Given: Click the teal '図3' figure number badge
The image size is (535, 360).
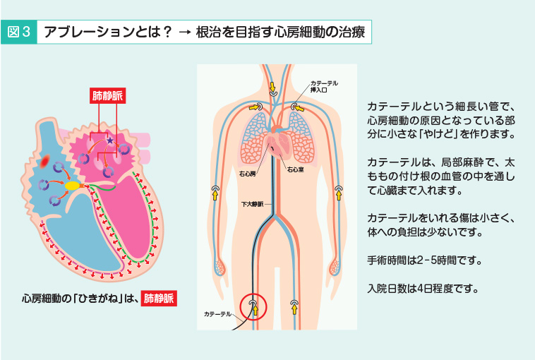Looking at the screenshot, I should pyautogui.click(x=20, y=32).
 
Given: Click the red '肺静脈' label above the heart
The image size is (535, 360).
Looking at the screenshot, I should pyautogui.click(x=107, y=97).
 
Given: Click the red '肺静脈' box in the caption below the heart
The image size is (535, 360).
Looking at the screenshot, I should pyautogui.click(x=158, y=298).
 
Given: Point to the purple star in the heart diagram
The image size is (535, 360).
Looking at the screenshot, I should pyautogui.click(x=109, y=143).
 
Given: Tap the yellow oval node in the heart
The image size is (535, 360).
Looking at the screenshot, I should pyautogui.click(x=73, y=186).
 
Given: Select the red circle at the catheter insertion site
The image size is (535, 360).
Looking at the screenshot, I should pyautogui.click(x=255, y=307).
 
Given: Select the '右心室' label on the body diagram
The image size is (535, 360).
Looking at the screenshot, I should pyautogui.click(x=295, y=170).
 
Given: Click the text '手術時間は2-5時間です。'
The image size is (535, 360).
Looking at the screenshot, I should pyautogui.click(x=425, y=260).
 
